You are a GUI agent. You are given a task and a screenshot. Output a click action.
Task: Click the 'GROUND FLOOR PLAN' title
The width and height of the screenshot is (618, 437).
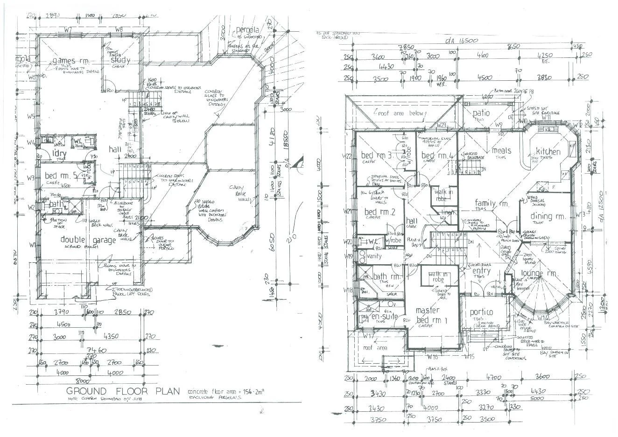pyautogui.click(x=122, y=391)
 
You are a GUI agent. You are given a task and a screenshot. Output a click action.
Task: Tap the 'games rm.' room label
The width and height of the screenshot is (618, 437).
pyautogui.click(x=71, y=61)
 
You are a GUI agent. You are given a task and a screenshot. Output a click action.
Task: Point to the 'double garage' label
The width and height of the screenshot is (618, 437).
pyautogui.click(x=88, y=240)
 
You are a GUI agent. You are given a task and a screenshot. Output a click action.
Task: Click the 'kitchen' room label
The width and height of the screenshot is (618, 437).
pyautogui.click(x=548, y=151)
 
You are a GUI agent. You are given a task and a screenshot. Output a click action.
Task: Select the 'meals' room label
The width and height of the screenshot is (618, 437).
pyautogui.click(x=501, y=150)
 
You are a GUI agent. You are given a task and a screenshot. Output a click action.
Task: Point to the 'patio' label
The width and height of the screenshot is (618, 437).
pyautogui.click(x=481, y=113)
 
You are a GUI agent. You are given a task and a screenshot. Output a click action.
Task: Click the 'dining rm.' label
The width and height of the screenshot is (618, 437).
pyautogui.click(x=548, y=216)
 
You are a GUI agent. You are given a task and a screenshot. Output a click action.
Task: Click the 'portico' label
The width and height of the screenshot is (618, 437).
pyautogui.click(x=481, y=312)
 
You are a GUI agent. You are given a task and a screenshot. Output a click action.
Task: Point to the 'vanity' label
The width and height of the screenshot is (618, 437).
pyautogui.click(x=374, y=256)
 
